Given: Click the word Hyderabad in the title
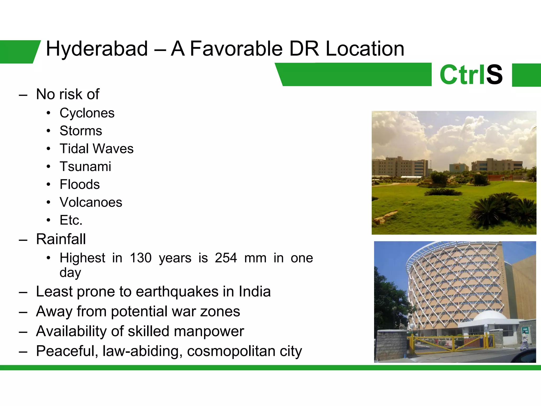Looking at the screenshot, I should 97,49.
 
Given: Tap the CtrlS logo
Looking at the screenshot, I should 471,75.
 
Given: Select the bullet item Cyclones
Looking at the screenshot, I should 87,113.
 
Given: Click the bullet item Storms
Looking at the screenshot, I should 81,131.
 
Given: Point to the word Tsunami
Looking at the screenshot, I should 85,167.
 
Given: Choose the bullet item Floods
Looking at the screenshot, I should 80,184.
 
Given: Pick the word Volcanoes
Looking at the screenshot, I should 91,202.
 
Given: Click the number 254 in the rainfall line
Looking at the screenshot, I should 226,258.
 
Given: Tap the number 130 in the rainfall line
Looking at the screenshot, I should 141,258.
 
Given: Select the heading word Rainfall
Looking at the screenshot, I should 61,239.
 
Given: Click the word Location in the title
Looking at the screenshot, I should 365,49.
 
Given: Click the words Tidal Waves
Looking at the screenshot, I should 96,149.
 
